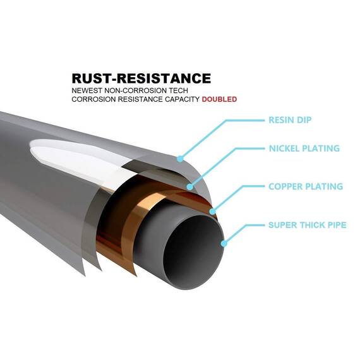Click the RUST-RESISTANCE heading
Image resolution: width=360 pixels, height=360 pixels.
pos(141,78)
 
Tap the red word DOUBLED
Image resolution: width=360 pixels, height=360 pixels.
pos(219,99)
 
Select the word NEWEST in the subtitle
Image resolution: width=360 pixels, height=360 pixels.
pos(87,90)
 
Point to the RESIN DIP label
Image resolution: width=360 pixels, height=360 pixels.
pos(290,120)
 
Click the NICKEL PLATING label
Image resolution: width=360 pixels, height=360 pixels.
pos(304,148)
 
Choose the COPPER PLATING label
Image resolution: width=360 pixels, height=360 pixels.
pos(306,186)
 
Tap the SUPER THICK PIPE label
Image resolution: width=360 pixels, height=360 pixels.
pos(307,225)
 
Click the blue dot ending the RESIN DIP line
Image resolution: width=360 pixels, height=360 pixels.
pos(180,159)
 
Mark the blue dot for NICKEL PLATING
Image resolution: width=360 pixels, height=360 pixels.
pos(190,187)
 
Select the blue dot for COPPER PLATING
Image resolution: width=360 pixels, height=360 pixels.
pos(213,211)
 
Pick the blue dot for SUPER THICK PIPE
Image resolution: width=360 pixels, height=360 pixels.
pos(224,243)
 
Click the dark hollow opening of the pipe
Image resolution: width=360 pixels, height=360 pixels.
pos(193,250)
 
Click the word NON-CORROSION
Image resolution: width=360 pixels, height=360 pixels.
pos(135,90)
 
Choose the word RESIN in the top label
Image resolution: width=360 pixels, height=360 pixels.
pos(281,120)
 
